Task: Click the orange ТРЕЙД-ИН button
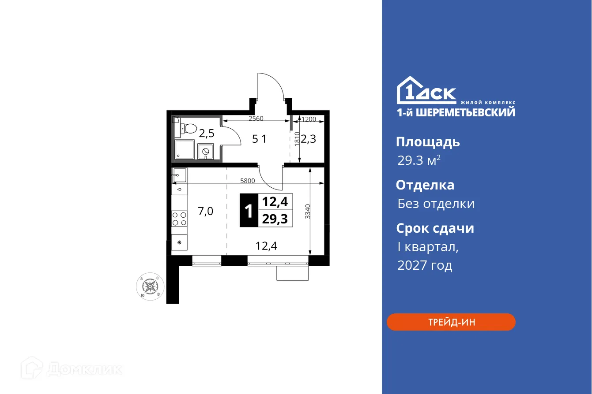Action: point(451,322)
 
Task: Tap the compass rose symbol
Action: point(150,286)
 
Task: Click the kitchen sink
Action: point(179,175)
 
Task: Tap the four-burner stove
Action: point(179,219)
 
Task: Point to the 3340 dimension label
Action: point(314,212)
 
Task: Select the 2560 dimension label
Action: point(256,119)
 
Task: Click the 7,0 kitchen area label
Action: point(205,212)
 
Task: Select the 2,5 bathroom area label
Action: point(206,133)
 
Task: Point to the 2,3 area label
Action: point(309,139)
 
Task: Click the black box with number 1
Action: point(249,211)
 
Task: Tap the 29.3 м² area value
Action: point(419,161)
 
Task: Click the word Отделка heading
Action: point(425,185)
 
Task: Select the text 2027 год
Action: point(424,265)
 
